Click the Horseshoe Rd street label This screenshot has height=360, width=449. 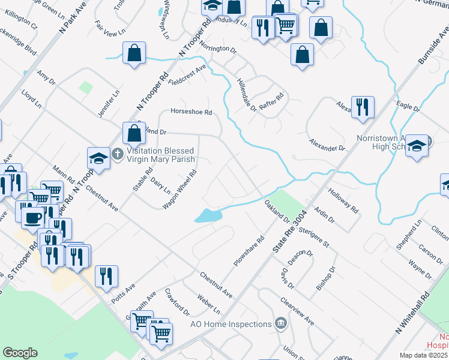coord(191,112)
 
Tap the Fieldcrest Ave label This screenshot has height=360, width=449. coord(187,74)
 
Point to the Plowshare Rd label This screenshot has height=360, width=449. coord(249,253)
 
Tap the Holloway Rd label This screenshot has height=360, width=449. coord(343,202)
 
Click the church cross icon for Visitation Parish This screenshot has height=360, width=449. coord(118,154)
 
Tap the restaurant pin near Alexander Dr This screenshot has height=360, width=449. coord(362,107)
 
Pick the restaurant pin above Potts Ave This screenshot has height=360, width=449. coord(107,276)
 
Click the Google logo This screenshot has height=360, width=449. coord(20,353)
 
